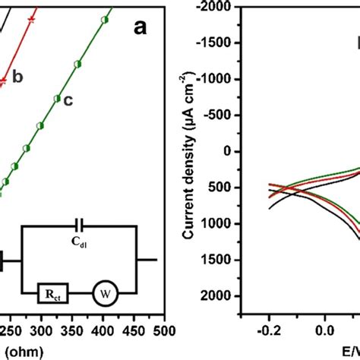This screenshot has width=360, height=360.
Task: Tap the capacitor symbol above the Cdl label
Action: click(x=79, y=226)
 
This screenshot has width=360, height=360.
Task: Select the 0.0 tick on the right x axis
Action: click(x=324, y=330)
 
